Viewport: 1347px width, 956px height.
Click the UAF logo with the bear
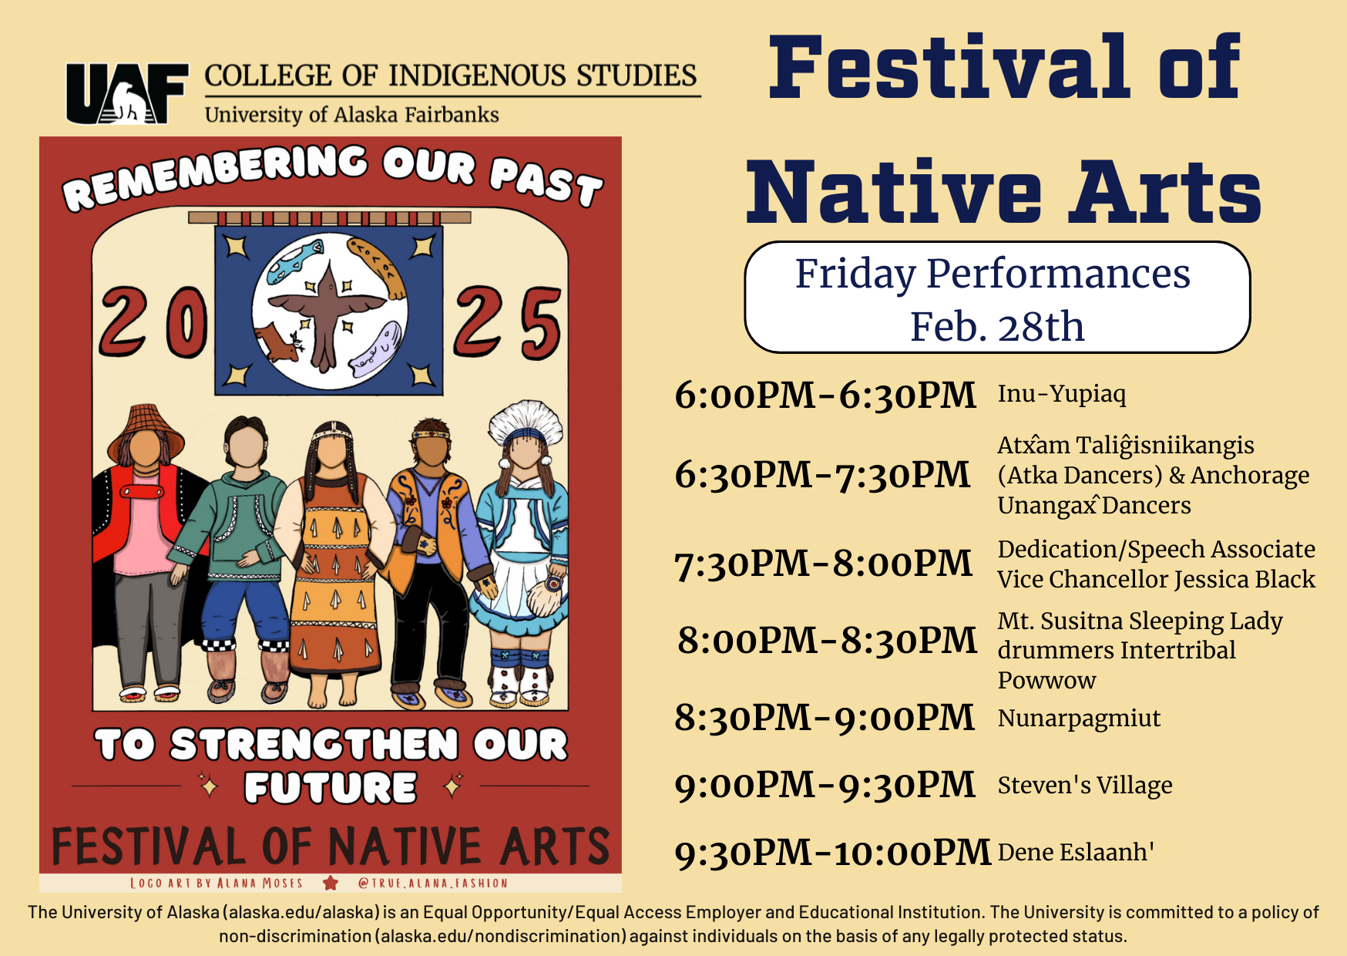127,94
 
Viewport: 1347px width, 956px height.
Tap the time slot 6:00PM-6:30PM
825,396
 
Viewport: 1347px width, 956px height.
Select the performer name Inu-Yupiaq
1062,394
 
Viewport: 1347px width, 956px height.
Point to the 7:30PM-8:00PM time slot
823,564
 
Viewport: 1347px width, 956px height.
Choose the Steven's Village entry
1085,786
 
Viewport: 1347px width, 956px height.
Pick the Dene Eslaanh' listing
1076,852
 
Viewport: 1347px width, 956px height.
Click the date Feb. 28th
997,327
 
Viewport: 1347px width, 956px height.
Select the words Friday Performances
993,274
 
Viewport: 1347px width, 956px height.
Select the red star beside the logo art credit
331,883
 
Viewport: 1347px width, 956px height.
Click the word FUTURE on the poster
331,788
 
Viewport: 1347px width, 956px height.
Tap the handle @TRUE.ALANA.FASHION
433,884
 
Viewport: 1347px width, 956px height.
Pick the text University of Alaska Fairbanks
351,115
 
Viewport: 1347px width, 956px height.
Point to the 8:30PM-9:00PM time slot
825,719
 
